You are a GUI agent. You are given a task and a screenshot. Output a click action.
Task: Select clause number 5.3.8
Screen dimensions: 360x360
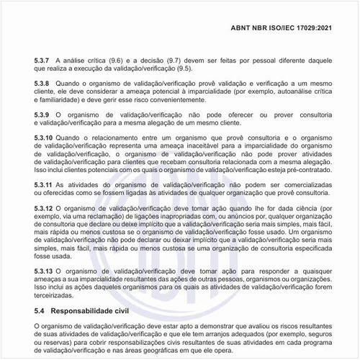coord(44,84)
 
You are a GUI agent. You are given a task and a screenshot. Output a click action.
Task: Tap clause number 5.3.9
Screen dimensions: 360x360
coord(44,114)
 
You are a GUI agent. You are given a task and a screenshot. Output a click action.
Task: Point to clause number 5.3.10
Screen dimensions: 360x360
coord(45,138)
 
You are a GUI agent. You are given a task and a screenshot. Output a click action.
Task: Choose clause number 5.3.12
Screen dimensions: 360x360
coord(45,208)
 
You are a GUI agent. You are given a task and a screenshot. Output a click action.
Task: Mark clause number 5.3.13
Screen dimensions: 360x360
coord(45,271)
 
